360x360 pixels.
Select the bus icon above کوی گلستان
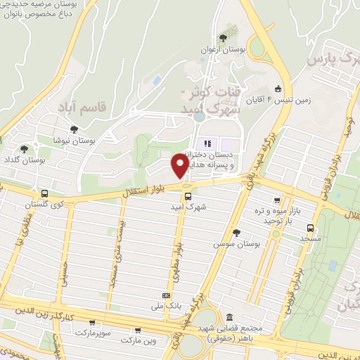(x=45, y=193)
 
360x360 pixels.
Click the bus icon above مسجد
(x=309, y=227)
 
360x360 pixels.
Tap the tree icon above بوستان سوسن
(x=236, y=232)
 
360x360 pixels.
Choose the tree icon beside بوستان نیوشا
(x=74, y=129)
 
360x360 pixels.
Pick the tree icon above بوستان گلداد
(x=24, y=149)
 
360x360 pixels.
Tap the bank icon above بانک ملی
(x=166, y=296)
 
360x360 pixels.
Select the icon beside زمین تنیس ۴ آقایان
(x=278, y=89)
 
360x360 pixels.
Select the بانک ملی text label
(x=152, y=307)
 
